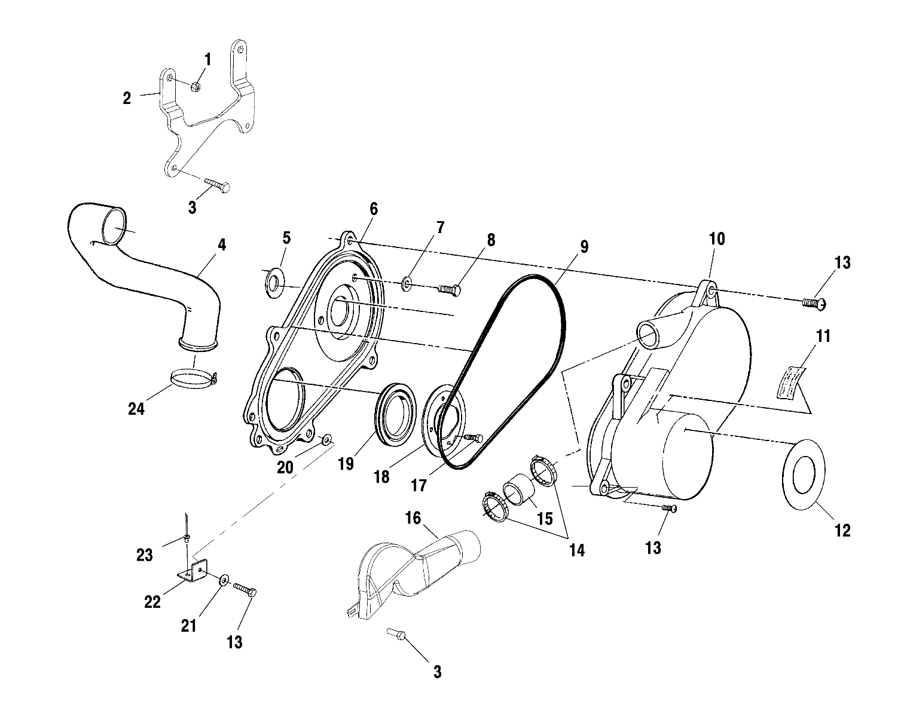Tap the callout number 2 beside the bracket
[x=127, y=99]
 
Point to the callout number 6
[x=374, y=209]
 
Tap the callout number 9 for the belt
[x=584, y=246]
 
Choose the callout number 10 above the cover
[x=717, y=240]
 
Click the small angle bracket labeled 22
[x=195, y=571]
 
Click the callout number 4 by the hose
[x=222, y=244]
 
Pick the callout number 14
[x=576, y=550]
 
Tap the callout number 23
[x=145, y=555]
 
